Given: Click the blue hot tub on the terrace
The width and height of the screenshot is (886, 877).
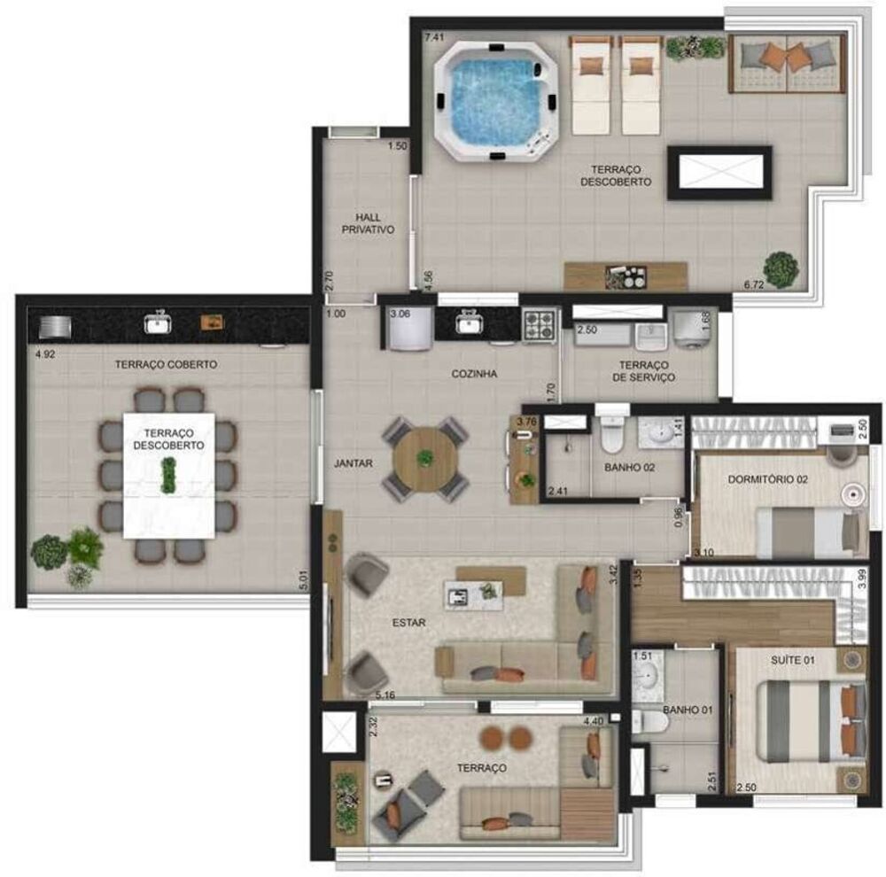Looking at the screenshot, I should pos(496,99).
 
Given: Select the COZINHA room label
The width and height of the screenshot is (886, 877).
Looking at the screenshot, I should pos(474,374).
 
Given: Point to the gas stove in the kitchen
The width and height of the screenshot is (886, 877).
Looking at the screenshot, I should pos(539,324).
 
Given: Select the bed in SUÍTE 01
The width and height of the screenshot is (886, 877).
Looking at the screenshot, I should pos(802,722).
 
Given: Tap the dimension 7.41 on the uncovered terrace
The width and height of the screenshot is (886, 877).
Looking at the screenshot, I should pos(433,37).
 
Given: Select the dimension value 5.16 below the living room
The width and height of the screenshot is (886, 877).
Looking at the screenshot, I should pos(385,695).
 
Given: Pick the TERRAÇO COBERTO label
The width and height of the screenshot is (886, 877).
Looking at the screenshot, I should pos(166,364).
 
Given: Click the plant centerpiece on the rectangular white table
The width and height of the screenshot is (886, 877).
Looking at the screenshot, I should pos(167,476).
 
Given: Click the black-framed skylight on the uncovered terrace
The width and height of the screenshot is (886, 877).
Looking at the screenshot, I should pos(719,173).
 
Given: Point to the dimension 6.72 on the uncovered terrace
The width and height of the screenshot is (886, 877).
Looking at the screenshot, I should pos(754,284).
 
